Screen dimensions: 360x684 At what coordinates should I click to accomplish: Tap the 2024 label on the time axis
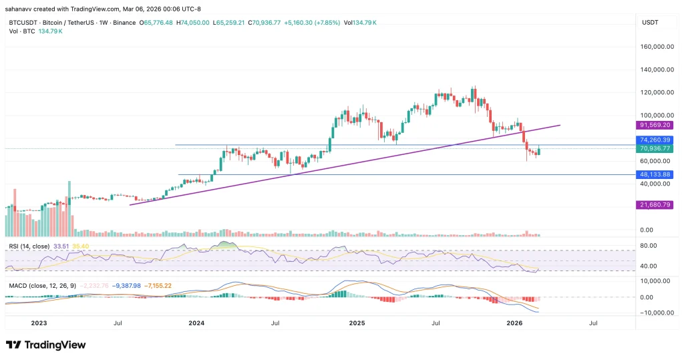pyautogui.click(x=196, y=323)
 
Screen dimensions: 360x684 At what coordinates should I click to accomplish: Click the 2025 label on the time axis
pyautogui.click(x=357, y=323)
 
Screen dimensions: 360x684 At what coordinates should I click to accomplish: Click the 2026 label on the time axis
pyautogui.click(x=514, y=323)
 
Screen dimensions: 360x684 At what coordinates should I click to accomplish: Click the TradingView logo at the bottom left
pyautogui.click(x=45, y=345)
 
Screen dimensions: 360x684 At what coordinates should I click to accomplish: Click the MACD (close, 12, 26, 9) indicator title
pyautogui.click(x=42, y=286)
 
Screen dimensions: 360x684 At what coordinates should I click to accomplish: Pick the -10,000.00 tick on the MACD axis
pyautogui.click(x=653, y=313)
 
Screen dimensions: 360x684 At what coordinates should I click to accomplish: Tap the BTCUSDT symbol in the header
pyautogui.click(x=23, y=23)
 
